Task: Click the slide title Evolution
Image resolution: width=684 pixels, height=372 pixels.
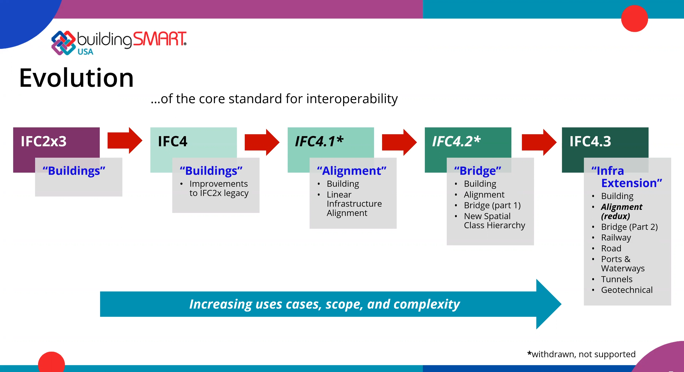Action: click(76, 78)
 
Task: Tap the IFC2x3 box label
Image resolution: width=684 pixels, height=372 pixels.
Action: click(44, 141)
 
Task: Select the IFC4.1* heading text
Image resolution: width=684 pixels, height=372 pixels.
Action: click(319, 141)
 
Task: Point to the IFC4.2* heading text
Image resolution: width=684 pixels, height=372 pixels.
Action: click(456, 141)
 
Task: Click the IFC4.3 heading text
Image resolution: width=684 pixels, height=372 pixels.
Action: click(590, 141)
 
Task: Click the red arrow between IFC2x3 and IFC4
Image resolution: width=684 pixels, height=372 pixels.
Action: click(125, 141)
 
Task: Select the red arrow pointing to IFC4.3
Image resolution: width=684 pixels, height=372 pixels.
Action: click(539, 142)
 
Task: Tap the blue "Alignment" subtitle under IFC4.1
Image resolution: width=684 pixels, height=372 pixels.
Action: click(352, 171)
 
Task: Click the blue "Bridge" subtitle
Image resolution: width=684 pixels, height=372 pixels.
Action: click(478, 171)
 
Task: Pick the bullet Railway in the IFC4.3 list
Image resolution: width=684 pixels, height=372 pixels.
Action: click(616, 238)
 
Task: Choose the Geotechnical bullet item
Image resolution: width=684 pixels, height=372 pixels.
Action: click(627, 290)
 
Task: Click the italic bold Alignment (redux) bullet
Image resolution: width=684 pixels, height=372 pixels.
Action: click(621, 211)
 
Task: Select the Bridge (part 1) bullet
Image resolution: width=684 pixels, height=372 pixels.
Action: click(492, 205)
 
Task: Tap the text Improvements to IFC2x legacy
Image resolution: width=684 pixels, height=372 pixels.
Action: click(219, 188)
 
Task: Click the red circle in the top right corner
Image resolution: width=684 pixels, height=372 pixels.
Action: click(634, 18)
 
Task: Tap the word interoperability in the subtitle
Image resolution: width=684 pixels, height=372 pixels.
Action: click(352, 99)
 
